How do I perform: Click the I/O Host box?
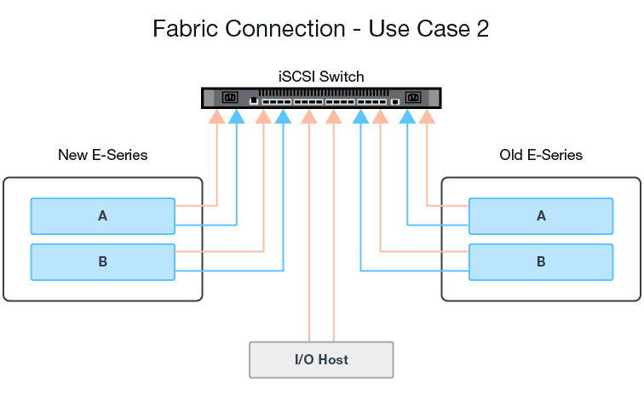tap(321, 359)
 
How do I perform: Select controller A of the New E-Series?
tap(102, 216)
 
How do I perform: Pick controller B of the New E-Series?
tap(102, 261)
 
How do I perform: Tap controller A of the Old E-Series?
tap(541, 216)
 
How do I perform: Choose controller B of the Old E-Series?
tap(541, 261)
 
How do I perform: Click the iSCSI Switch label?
tap(321, 77)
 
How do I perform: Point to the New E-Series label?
tap(102, 155)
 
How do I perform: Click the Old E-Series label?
tap(541, 155)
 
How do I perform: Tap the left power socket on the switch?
tap(229, 98)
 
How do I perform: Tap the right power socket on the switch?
tap(414, 98)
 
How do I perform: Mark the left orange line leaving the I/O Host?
tap(311, 255)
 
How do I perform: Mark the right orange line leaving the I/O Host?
tap(333, 255)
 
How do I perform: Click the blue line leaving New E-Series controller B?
tap(230, 272)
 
